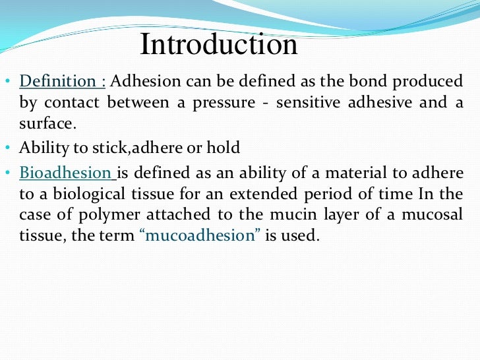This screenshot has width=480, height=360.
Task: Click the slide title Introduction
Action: click(218, 45)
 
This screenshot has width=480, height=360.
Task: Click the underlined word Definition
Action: click(58, 82)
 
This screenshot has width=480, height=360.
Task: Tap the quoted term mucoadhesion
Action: click(200, 235)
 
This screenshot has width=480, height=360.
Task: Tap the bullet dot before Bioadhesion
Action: click(7, 175)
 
